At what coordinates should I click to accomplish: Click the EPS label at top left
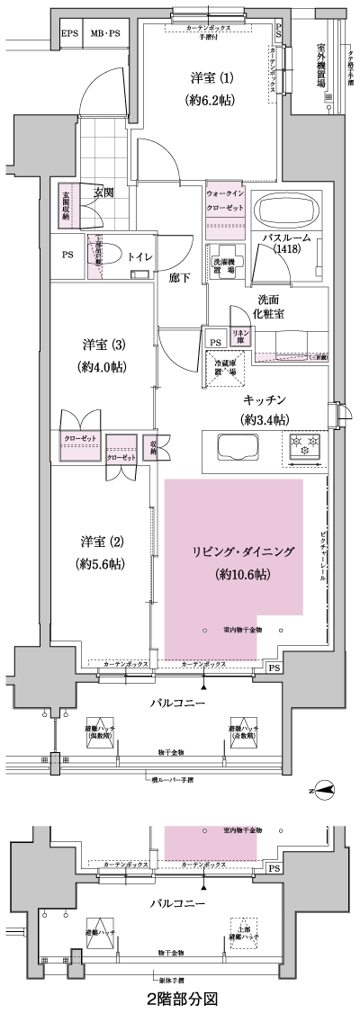pos(69,34)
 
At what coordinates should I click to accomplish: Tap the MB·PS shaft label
pos(104,34)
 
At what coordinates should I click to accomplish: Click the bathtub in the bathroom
pos(285,212)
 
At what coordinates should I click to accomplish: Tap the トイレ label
pos(139,256)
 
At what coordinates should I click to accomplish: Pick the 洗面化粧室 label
pos(270,307)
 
